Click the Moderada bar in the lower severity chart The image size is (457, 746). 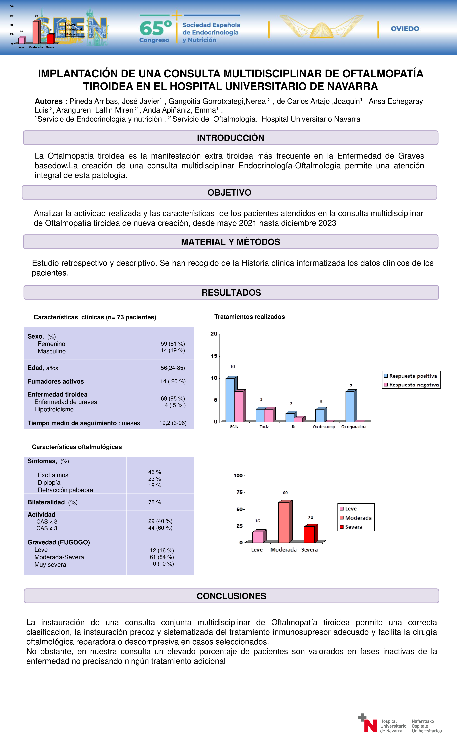coord(284,522)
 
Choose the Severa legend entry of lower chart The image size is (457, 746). coord(353,527)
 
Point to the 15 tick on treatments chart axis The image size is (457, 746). coord(214,356)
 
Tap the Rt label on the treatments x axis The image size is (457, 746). coord(294,427)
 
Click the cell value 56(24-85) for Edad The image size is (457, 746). coord(173,368)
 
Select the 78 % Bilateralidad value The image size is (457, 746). coord(155,502)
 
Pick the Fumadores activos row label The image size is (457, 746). coord(56,382)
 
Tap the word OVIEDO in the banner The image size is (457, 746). coord(405,29)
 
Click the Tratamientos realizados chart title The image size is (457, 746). coord(249,317)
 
